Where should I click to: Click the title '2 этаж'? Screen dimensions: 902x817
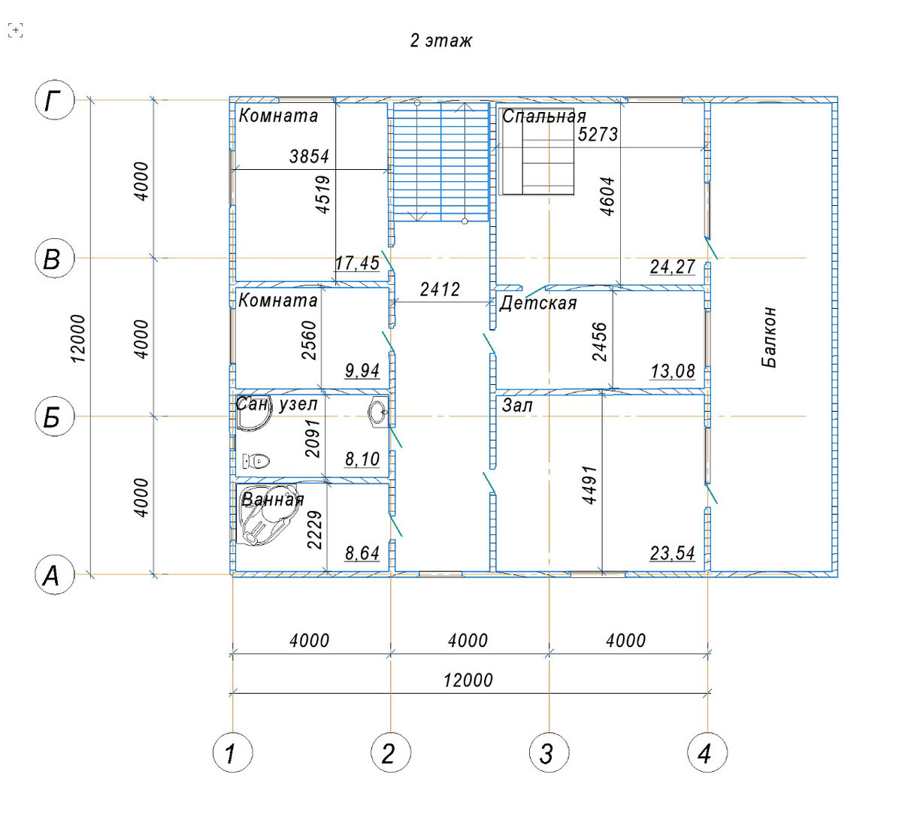click(x=440, y=41)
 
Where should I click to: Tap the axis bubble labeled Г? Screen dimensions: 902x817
click(x=54, y=100)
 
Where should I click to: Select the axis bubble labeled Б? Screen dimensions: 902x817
click(x=54, y=416)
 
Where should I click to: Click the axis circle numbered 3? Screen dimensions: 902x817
click(x=549, y=752)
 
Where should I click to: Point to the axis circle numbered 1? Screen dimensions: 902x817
click(x=232, y=752)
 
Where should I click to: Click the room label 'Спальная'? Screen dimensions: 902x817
click(x=544, y=116)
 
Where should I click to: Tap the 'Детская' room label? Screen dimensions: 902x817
click(x=538, y=304)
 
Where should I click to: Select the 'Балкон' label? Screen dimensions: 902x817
click(x=770, y=337)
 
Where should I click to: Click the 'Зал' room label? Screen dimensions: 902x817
click(x=517, y=406)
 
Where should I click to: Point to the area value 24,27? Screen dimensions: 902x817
click(x=673, y=267)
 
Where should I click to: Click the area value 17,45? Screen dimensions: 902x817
click(x=358, y=263)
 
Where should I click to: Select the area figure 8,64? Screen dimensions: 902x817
click(x=362, y=553)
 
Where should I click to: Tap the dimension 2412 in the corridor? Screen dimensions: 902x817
click(x=440, y=289)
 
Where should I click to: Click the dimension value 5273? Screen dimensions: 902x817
click(x=598, y=134)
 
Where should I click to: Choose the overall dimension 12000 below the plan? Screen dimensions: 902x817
click(x=468, y=680)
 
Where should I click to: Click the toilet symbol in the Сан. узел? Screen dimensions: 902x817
click(x=256, y=461)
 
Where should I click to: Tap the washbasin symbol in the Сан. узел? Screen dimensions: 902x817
click(x=378, y=411)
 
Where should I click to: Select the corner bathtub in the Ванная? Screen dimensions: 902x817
click(x=268, y=515)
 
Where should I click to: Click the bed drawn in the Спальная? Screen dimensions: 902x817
click(x=537, y=152)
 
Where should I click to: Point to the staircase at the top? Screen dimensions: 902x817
click(x=441, y=162)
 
